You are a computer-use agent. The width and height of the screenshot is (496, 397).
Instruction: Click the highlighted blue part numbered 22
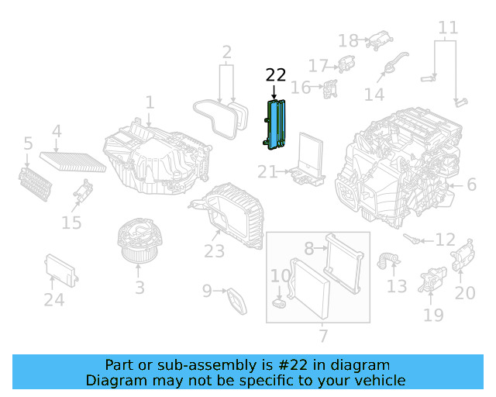coord(277,124)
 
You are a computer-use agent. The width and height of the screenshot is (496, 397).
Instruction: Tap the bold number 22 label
coord(276,75)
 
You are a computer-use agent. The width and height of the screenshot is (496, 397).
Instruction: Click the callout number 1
coord(150,102)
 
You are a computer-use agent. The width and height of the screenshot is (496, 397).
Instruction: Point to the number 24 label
coord(53,299)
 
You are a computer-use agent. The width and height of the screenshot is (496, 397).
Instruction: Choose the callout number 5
coord(28,143)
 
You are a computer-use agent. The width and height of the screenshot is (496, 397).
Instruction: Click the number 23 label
coord(214,251)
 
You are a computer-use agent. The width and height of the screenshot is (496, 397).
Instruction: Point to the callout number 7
coord(323,336)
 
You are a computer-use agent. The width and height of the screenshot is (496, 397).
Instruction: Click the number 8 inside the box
coord(308,249)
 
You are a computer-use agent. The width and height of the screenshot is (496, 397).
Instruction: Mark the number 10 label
coord(280,275)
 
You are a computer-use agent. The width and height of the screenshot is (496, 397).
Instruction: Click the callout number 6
coord(472,185)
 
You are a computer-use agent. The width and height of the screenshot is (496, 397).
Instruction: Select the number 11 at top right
coord(448,29)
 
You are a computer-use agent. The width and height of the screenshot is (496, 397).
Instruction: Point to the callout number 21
coord(267,171)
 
